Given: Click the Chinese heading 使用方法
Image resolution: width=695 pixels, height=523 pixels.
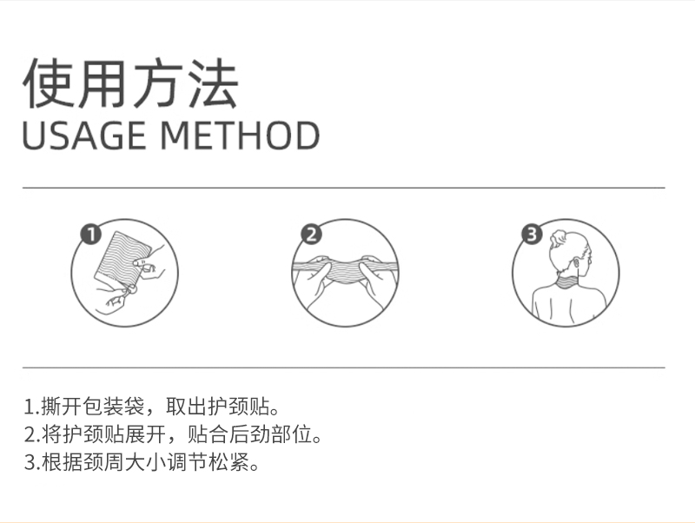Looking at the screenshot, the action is coord(131,83).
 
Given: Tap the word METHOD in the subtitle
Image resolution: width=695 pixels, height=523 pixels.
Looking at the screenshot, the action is coord(240,136).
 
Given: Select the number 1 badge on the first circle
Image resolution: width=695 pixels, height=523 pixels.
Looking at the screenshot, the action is coord(91,234).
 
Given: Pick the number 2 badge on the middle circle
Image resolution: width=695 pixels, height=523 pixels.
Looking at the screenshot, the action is coord(311,234).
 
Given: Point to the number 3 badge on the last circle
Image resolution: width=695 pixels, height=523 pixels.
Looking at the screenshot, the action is coord(532,234).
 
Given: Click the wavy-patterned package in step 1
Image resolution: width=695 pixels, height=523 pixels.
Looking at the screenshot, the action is coord(122,256).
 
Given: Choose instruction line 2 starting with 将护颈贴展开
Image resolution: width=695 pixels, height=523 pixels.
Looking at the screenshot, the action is coord(173,434).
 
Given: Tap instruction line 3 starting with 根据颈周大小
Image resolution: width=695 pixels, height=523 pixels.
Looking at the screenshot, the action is coord(142,463).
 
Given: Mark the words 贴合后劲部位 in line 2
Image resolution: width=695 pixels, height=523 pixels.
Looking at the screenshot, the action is coord(250,434).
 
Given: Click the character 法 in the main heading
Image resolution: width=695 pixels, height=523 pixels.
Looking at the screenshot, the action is coord(213,83).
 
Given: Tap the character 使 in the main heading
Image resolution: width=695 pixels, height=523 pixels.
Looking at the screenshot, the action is coord(48,83).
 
